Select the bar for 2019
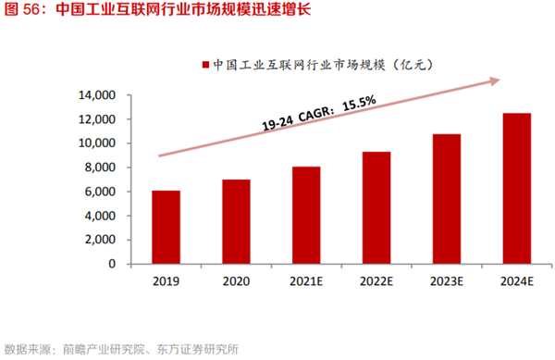(x=167, y=227)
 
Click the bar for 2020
(x=235, y=221)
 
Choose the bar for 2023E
(x=446, y=199)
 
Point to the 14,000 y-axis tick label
(x=95, y=95)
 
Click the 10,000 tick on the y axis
(x=95, y=143)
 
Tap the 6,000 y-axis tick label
(x=99, y=192)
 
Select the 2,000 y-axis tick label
(x=99, y=240)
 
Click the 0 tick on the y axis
(x=112, y=264)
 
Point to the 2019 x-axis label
(x=167, y=281)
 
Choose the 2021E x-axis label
(x=305, y=281)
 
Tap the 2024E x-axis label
(x=516, y=281)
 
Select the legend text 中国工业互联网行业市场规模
(x=296, y=66)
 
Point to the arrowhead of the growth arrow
(x=494, y=81)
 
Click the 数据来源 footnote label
(x=28, y=349)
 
